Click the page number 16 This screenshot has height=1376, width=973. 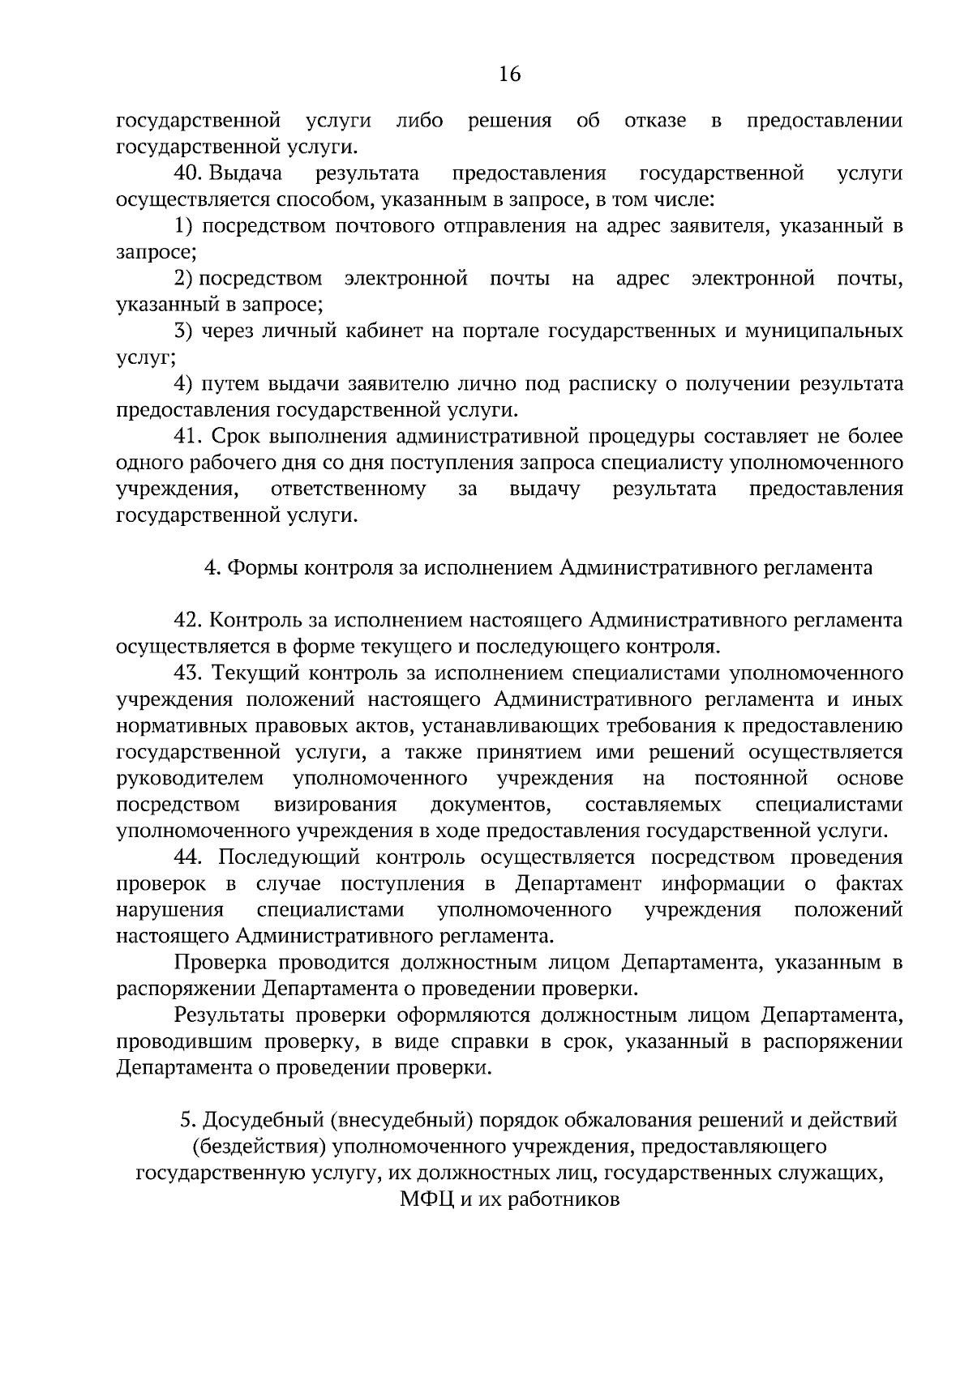(509, 75)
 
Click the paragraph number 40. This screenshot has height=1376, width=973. (188, 173)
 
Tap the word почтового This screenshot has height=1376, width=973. (385, 226)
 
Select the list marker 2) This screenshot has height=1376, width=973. (184, 279)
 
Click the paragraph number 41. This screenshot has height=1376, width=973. (187, 437)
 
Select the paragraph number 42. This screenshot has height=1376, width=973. (187, 621)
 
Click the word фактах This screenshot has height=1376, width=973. (869, 883)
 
